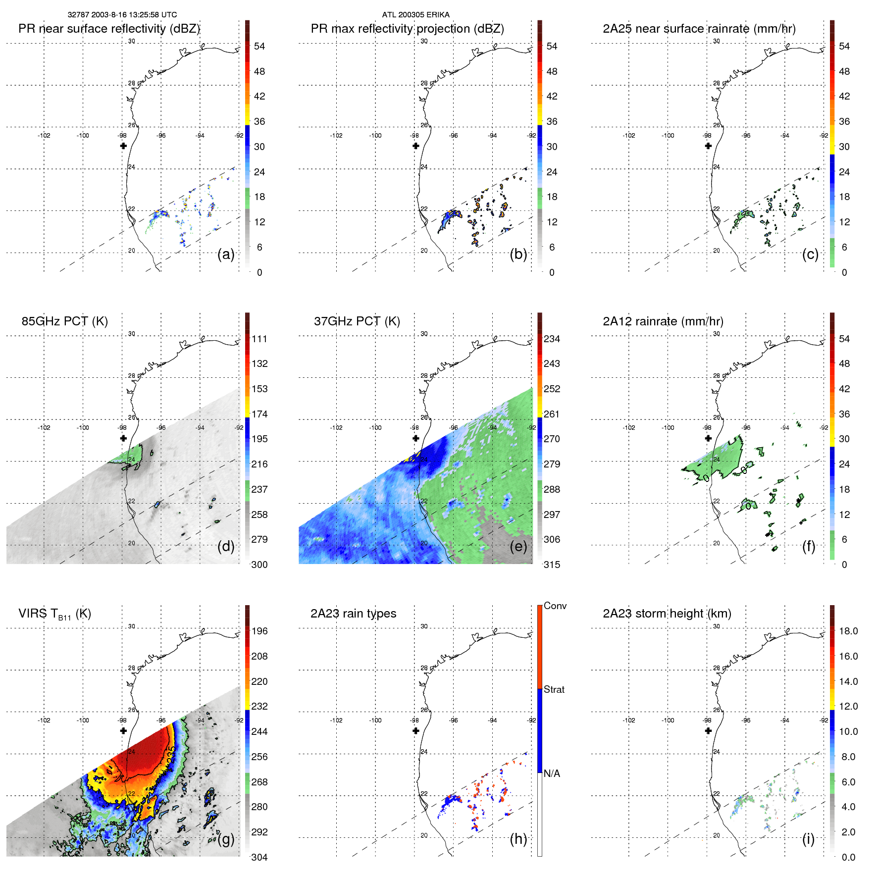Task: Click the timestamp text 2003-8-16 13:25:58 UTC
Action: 134,15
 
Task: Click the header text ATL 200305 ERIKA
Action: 415,15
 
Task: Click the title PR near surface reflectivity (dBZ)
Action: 109,29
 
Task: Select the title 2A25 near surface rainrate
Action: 699,29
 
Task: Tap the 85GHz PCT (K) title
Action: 64,321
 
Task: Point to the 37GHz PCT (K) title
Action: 357,321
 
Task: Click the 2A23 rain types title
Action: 353,614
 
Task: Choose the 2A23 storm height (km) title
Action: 667,614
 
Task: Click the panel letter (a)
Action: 225,254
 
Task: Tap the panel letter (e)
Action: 518,546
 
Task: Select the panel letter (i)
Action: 808,839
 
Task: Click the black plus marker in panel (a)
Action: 123,146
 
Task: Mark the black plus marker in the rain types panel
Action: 415,730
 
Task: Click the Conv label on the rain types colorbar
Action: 555,606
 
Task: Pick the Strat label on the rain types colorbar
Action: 554,689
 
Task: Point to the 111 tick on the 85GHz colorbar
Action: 259,339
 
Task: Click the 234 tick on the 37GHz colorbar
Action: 552,339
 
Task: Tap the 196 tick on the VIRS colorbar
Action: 259,631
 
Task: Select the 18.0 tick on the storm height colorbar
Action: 848,631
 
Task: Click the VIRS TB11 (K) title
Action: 54,614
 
